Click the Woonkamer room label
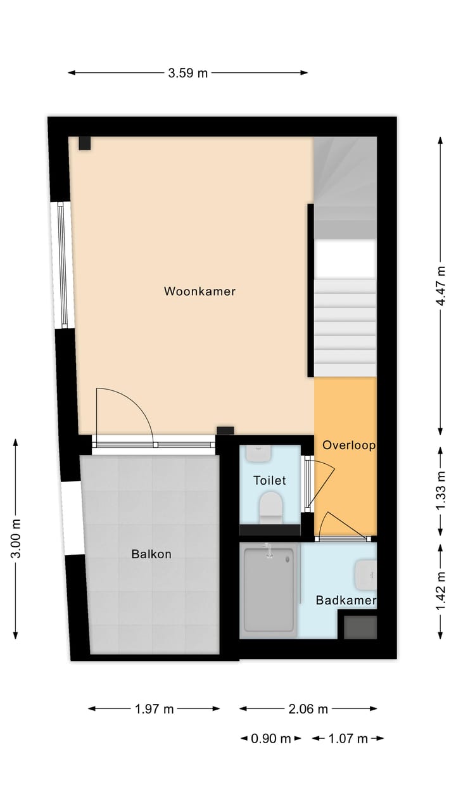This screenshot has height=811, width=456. [199, 291]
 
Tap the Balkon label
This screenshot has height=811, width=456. [151, 554]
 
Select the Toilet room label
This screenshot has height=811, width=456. [269, 480]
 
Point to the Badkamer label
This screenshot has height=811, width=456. [346, 600]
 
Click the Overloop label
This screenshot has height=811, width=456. [348, 445]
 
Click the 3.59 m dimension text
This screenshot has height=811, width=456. [187, 73]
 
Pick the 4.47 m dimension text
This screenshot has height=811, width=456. [441, 286]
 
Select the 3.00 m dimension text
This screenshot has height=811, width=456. [16, 538]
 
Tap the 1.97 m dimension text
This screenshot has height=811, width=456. [154, 709]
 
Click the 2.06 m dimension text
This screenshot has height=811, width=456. [308, 709]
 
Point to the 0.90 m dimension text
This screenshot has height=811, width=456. [271, 739]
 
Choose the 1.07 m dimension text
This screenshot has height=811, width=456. [348, 739]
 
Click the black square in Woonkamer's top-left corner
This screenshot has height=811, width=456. [85, 143]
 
